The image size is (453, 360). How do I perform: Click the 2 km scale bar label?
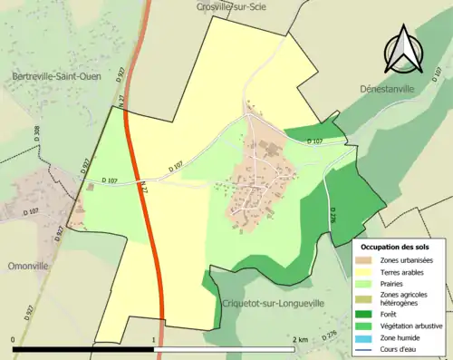[x=301, y=339]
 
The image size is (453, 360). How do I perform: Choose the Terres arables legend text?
[x=402, y=272]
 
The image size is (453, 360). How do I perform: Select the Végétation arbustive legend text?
[x=412, y=326]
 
